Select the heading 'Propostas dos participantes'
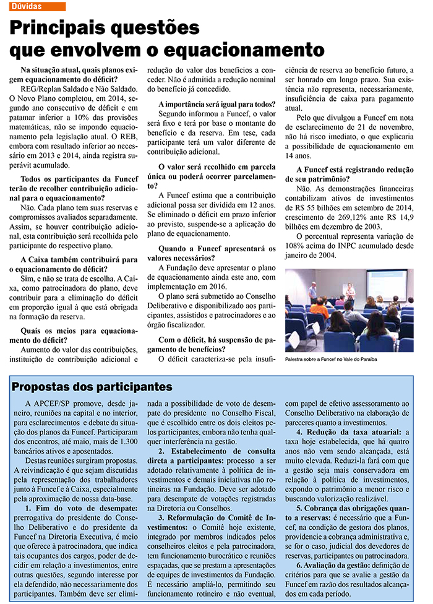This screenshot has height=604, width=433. (x=92, y=387)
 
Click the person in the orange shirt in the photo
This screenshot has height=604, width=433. (x=320, y=308)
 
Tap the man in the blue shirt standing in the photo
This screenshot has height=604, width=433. (x=312, y=290)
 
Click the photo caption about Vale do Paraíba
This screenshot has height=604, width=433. (x=331, y=359)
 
